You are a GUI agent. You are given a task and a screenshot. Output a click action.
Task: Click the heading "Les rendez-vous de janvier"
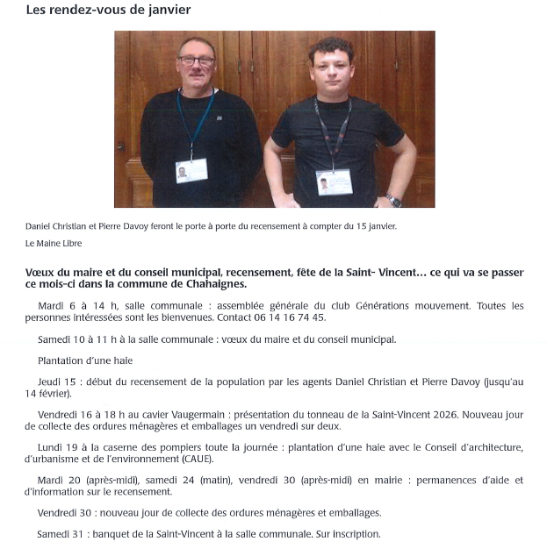coord(109,10)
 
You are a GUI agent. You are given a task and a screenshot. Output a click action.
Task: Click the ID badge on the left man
coord(191,170)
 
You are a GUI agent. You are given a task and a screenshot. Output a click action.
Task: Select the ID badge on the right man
coord(335,182)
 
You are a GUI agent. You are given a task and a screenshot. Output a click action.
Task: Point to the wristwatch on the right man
coord(394,200)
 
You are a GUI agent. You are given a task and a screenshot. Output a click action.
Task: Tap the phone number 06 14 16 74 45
coord(288,317)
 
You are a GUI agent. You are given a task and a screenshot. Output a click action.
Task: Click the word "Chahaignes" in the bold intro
coord(211,284)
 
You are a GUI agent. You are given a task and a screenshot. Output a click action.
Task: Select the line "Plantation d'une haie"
coord(85,360)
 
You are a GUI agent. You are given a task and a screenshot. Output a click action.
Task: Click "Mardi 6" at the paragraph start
coord(55,305)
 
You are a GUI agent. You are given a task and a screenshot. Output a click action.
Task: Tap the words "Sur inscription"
coord(350,534)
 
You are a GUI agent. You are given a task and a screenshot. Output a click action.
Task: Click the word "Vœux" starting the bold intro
coord(40,273)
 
